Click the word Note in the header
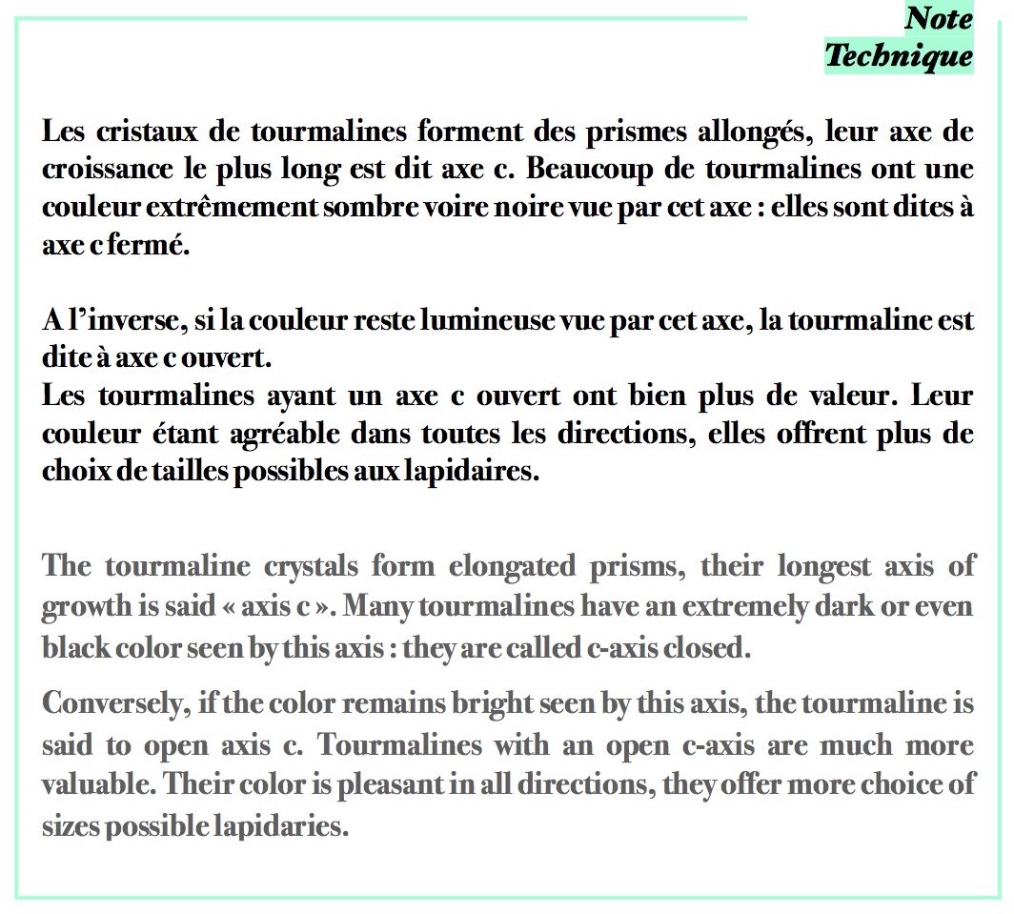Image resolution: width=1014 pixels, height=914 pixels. pyautogui.click(x=939, y=18)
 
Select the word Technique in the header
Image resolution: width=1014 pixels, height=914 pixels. pyautogui.click(x=899, y=55)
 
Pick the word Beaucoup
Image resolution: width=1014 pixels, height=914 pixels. pyautogui.click(x=597, y=172)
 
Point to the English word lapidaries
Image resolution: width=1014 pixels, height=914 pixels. pyautogui.click(x=279, y=825)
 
